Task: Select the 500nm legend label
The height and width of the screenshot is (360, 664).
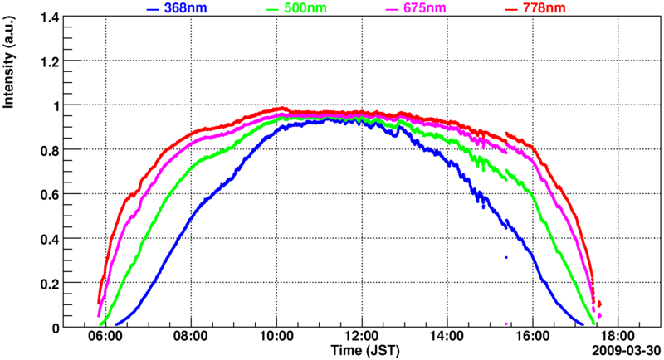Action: tap(305, 8)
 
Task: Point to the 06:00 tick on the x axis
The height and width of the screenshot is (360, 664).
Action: tap(106, 338)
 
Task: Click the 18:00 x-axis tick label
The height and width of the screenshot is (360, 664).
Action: tap(617, 338)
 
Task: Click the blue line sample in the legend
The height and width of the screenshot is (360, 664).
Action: tap(153, 8)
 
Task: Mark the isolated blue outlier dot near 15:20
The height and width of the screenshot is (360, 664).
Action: tap(505, 257)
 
